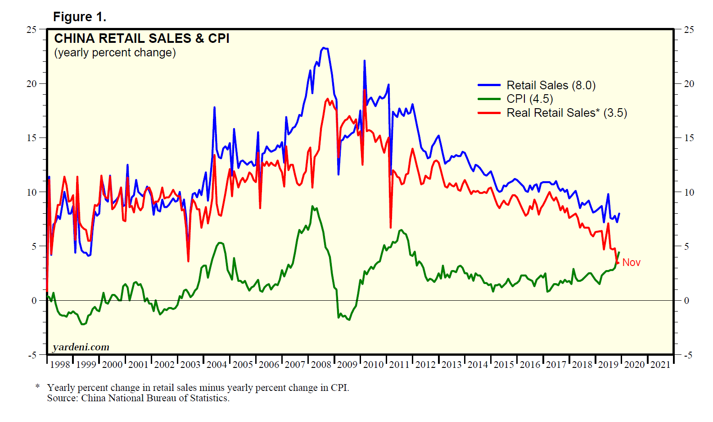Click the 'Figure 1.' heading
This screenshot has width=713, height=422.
click(x=80, y=17)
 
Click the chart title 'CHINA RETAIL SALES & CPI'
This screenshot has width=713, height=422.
click(x=142, y=38)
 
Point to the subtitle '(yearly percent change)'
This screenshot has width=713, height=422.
click(x=115, y=52)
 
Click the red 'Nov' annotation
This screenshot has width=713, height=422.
click(x=631, y=262)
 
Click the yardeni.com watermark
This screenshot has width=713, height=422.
click(x=81, y=347)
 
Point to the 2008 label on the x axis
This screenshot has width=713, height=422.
click(x=321, y=364)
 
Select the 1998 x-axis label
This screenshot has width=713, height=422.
click(x=60, y=364)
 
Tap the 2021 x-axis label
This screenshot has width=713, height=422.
click(x=660, y=364)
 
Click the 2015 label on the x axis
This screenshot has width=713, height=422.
click(x=504, y=364)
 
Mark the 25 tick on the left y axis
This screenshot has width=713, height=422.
click(x=32, y=29)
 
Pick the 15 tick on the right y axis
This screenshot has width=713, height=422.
click(x=689, y=138)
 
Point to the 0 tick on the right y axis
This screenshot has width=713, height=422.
click(x=686, y=301)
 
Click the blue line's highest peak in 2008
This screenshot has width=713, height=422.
click(x=323, y=48)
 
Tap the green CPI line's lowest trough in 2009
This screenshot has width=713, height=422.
click(x=349, y=320)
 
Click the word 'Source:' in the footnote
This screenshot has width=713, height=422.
click(x=63, y=398)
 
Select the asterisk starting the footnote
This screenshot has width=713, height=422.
click(x=38, y=386)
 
